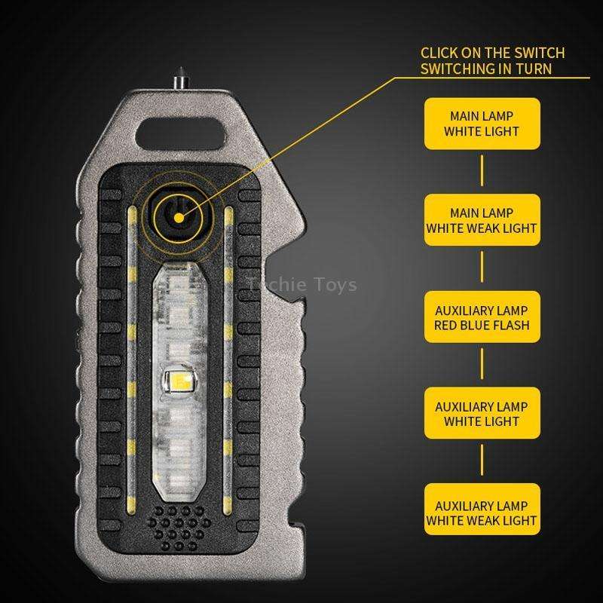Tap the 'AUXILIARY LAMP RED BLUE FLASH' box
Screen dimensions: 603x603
[x=482, y=317]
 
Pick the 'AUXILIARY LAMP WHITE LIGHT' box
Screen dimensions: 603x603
[x=482, y=414]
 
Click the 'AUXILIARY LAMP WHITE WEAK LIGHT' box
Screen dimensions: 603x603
[x=482, y=512]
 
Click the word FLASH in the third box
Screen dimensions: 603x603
[x=512, y=326]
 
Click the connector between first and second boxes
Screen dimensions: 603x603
[x=482, y=173]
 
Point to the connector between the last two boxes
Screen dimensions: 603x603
[x=482, y=463]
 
